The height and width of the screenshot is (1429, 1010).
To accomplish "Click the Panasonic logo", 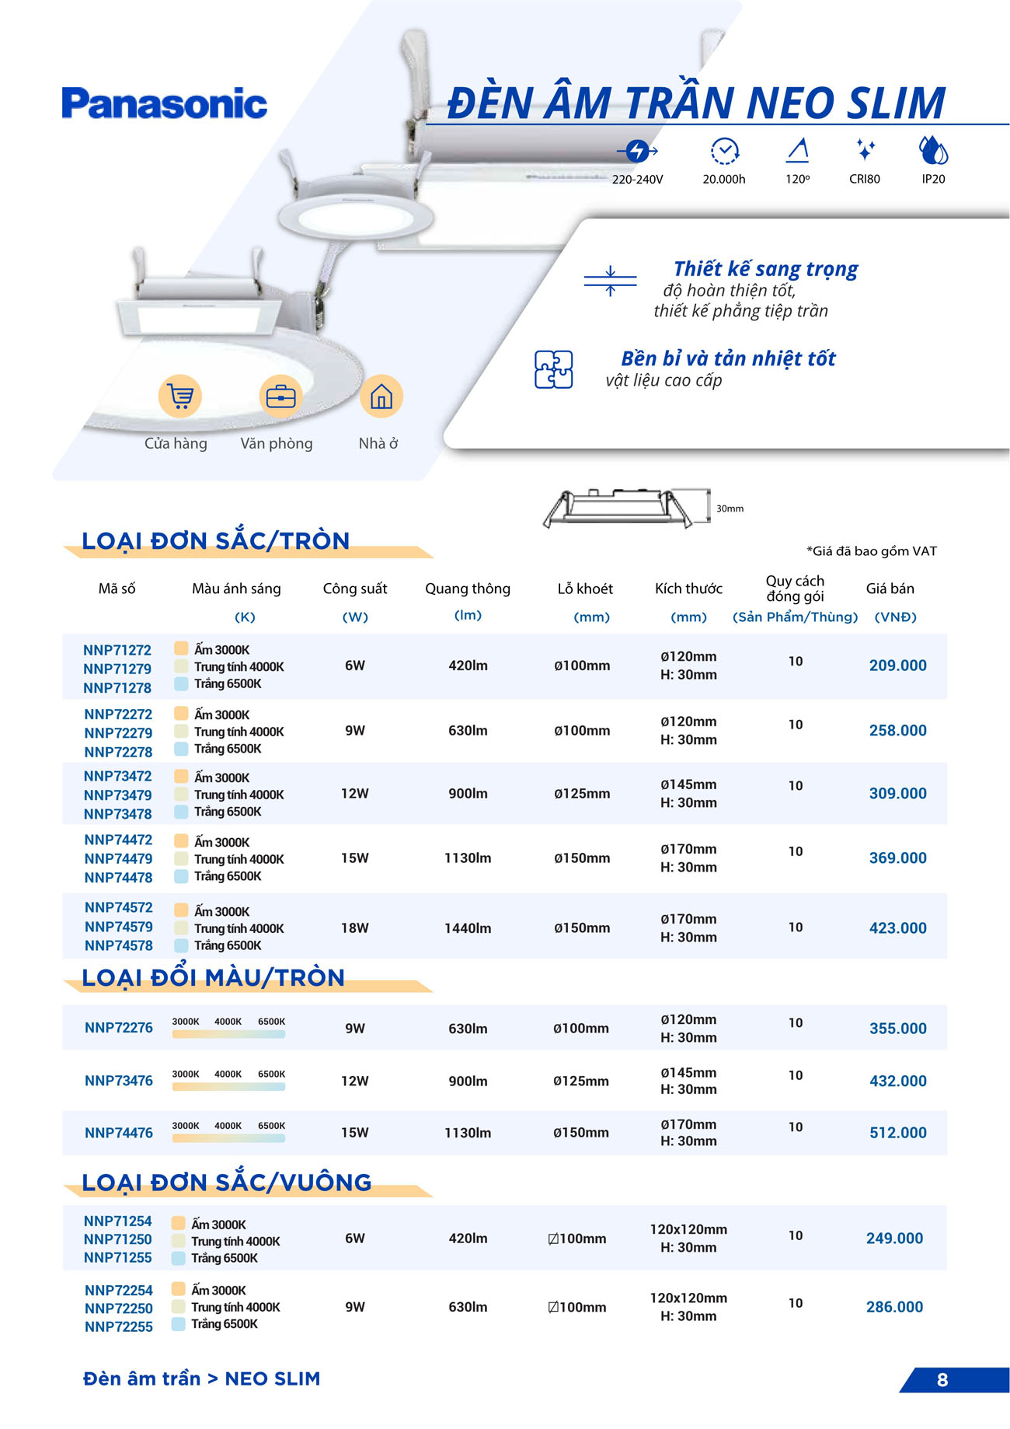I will pos(164,103).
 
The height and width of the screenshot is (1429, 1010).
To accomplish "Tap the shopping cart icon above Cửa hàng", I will pos(180,397).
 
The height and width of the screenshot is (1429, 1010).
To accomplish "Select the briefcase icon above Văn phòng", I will pos(280,397).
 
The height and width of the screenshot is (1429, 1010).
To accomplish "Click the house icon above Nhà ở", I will pos(381,397).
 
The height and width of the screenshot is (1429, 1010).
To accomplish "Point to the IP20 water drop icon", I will pos(933,150).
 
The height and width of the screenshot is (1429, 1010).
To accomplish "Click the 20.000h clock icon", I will pos(724,151).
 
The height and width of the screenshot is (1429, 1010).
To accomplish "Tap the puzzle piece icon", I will pos(553,369).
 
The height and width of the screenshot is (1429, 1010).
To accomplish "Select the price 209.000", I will pos(897,666).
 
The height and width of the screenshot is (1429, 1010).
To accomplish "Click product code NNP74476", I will pos(119,1133).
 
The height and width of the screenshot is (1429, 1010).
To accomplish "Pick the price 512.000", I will pos(897,1133).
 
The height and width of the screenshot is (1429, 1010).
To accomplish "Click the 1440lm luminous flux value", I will pos(468,928).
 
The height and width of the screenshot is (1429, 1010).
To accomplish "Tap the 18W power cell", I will pos(355,928).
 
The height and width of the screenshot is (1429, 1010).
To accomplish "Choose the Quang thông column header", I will pos(468,589).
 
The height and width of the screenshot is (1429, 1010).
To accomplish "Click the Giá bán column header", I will pos(890,589).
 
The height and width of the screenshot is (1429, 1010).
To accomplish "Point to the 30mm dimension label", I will pos(730,508).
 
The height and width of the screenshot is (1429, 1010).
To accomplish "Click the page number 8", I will pos(942,1380).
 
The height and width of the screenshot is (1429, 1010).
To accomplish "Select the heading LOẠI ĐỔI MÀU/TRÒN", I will pos(213,977).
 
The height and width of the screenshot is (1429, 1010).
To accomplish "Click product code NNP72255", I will pos(119,1326).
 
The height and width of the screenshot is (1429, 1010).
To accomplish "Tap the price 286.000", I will pos(894,1307).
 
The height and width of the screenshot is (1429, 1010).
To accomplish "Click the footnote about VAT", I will pos(872,551).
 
